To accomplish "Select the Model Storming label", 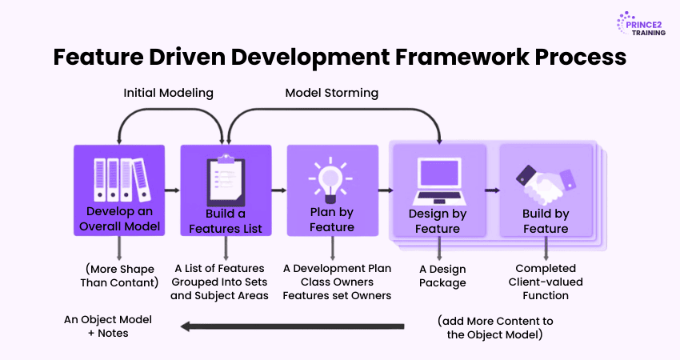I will tap(331, 93).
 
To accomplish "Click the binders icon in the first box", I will tap(118, 179).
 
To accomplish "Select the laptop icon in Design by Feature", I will tap(438, 180).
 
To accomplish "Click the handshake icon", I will tap(546, 182).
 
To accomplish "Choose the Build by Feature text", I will tap(546, 222).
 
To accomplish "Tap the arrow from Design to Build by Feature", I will tap(492, 190).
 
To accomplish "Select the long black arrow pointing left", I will tap(292, 326).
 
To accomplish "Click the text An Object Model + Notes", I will tap(108, 326).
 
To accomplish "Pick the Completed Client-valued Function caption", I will tap(546, 282).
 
